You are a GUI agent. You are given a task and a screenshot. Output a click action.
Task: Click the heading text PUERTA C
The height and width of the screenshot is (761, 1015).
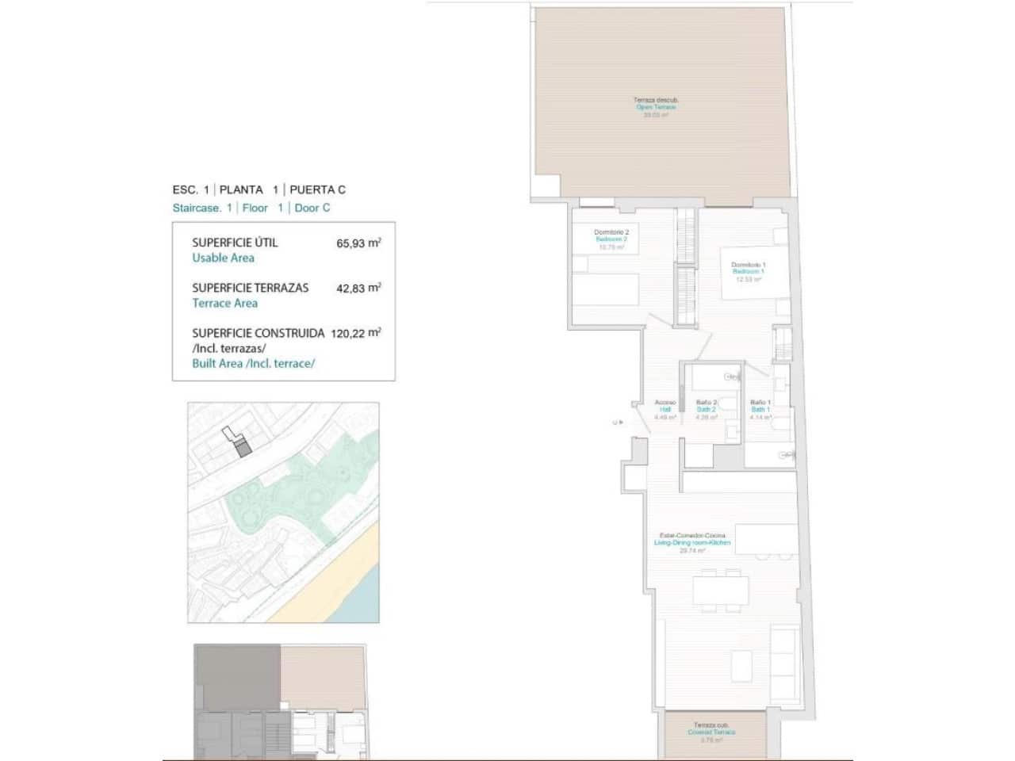point(317,189)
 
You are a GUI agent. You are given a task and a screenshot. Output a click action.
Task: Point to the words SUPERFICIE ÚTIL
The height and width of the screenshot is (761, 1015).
point(235,243)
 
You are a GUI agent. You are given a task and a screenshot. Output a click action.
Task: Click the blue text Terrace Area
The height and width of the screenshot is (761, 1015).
point(224,303)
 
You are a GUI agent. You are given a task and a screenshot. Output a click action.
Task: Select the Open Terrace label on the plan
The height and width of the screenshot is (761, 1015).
point(656,107)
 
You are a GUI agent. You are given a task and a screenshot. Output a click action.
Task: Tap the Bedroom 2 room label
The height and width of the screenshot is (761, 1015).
point(611,239)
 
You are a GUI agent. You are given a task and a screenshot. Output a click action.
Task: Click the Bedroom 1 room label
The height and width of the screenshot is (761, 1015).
point(748,271)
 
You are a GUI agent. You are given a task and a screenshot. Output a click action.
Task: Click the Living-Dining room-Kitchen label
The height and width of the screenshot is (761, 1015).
point(691,542)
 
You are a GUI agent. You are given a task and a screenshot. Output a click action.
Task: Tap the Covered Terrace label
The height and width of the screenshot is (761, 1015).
point(711,732)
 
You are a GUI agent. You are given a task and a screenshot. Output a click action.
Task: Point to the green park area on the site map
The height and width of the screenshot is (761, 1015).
point(301,491)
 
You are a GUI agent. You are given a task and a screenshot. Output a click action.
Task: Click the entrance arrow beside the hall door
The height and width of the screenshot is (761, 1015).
point(621,423)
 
